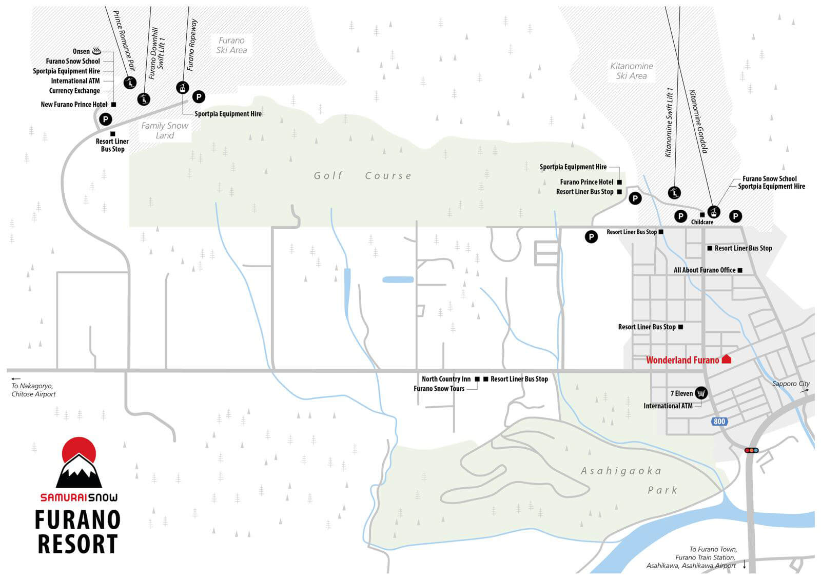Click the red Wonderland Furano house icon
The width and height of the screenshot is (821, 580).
point(727,359)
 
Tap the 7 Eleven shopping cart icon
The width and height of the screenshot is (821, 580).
point(701,393)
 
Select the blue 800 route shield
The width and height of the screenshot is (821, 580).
point(719,422)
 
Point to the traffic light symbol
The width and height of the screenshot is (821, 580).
point(751,450)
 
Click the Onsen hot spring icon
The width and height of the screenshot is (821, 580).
point(97,51)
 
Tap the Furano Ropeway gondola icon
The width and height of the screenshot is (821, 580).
point(183,88)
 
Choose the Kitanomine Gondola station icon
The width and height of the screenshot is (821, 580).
point(714,212)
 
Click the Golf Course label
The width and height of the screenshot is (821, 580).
point(363,176)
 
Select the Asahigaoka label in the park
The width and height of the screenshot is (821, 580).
point(621,471)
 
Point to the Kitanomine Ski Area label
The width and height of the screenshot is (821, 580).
point(632,71)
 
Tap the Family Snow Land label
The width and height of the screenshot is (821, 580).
point(165,130)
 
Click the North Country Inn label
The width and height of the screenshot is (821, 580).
point(446,379)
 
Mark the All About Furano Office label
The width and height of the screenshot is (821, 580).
point(705,270)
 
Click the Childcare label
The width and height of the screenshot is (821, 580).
point(702,222)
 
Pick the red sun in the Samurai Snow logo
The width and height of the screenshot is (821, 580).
point(79,449)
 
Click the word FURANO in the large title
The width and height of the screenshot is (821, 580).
point(77,520)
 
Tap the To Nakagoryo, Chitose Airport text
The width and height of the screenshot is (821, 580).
point(33,390)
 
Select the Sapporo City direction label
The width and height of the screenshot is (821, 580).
point(791,384)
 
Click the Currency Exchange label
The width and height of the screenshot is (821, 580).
point(74,90)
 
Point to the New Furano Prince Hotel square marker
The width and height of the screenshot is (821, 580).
point(113,105)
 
